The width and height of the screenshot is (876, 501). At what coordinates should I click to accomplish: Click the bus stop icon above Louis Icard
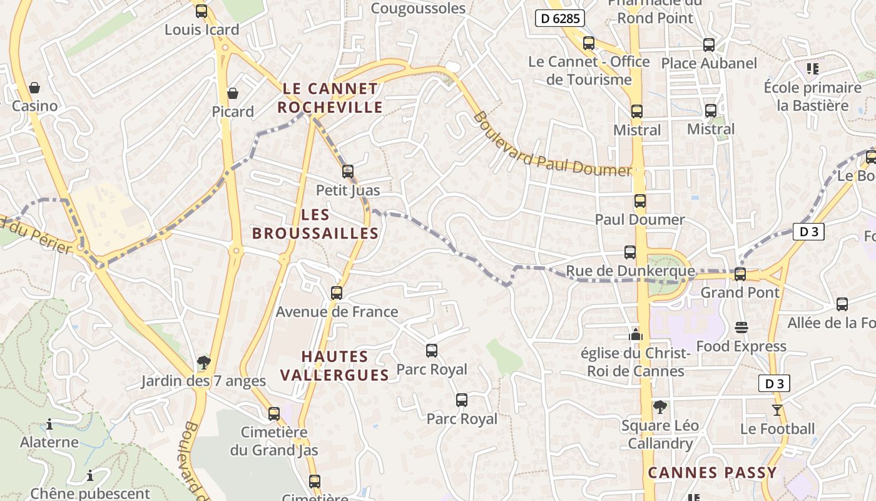(201, 11)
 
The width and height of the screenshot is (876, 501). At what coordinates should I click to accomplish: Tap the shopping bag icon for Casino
(34, 87)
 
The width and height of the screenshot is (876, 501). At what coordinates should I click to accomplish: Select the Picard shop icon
(233, 93)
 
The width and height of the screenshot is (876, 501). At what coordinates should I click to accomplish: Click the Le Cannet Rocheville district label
(330, 98)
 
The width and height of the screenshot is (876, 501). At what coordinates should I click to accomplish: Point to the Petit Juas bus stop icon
(348, 171)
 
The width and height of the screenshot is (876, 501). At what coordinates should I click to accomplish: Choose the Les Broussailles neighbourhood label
(315, 224)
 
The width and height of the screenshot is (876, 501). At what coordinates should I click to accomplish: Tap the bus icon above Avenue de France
(337, 292)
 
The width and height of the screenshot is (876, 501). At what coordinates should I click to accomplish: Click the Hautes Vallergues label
(335, 366)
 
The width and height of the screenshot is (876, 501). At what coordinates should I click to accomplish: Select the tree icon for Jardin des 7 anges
(203, 362)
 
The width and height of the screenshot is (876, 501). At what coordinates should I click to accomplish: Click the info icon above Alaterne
(49, 424)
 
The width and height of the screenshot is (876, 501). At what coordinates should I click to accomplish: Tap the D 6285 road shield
(560, 19)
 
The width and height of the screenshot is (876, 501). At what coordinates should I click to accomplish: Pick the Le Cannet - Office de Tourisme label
(589, 71)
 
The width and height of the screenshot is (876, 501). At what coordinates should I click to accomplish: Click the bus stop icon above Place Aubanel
(709, 45)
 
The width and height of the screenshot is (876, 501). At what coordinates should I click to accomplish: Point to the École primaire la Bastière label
(813, 96)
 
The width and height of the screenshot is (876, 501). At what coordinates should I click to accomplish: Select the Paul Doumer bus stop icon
(639, 201)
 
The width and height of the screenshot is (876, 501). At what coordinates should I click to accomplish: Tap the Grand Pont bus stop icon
(740, 274)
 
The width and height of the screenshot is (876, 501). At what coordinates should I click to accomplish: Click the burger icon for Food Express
(741, 328)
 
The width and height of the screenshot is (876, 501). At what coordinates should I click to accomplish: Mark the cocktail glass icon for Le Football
(777, 410)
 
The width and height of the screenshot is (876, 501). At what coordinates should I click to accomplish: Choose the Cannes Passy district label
(712, 473)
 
